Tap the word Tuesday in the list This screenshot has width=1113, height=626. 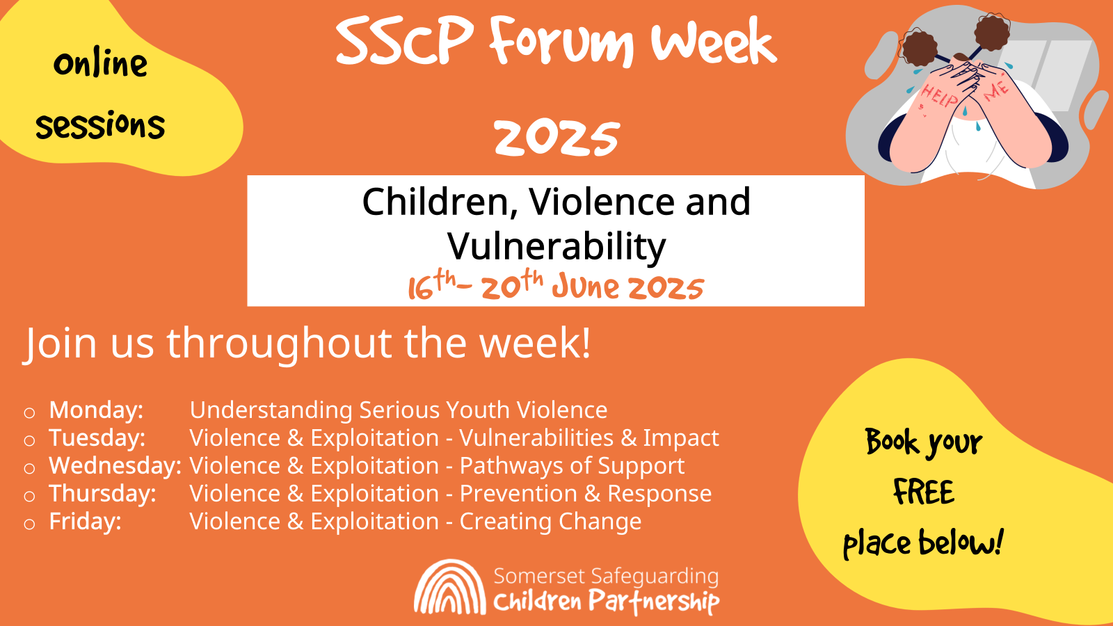[x=97, y=438]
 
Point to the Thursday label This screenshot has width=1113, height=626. [x=102, y=494]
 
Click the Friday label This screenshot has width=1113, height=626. [x=85, y=522]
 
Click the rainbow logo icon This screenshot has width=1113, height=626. [x=450, y=587]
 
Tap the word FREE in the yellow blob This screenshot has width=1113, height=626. [x=924, y=492]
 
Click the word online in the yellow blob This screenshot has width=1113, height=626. [x=100, y=65]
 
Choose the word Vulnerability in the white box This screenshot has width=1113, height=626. [x=556, y=247]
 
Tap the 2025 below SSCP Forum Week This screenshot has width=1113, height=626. [x=556, y=138]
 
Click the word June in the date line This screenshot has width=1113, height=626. [x=585, y=287]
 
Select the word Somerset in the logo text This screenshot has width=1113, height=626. [x=539, y=577]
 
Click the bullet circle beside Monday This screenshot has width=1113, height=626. [x=29, y=413]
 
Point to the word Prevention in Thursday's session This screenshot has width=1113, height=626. [x=518, y=494]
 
